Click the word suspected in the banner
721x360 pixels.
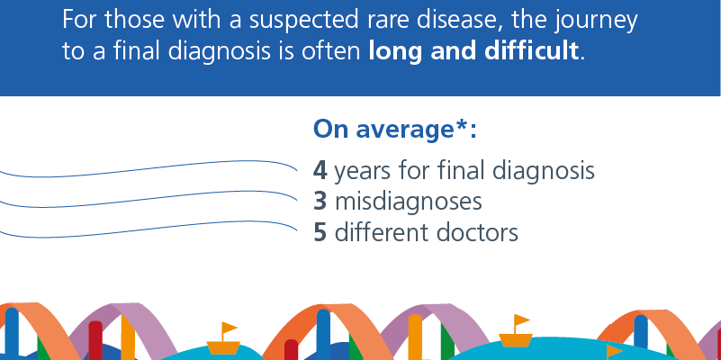[302, 21]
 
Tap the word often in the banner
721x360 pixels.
[331, 50]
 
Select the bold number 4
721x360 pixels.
[320, 171]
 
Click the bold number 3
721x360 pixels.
[320, 202]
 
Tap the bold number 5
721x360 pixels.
[320, 232]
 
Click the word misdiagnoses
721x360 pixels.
[409, 202]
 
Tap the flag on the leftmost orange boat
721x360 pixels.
[229, 328]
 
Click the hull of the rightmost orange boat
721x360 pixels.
[516, 340]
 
